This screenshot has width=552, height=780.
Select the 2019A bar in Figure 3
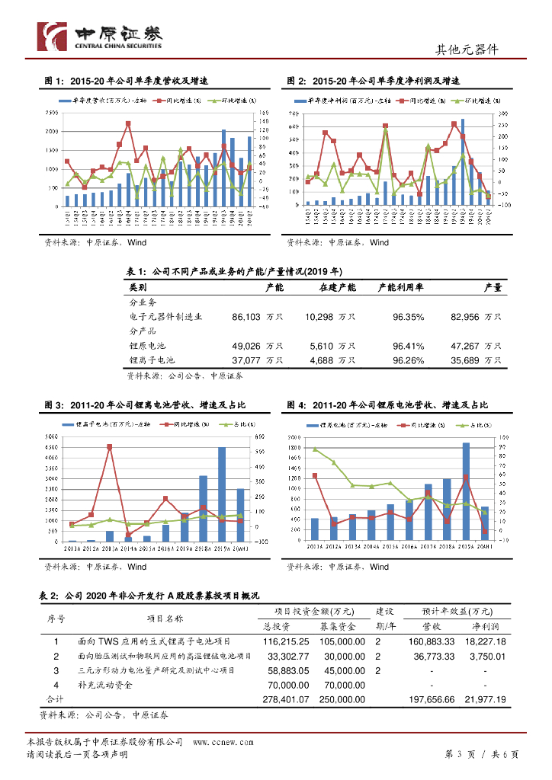(222, 494)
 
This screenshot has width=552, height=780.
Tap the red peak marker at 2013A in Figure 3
(110, 447)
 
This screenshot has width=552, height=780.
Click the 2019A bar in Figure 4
(466, 492)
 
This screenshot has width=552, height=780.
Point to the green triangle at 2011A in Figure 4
(315, 449)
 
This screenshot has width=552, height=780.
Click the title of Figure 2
(374, 81)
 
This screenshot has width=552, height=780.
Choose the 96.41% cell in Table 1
(408, 345)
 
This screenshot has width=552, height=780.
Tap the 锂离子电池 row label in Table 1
(152, 360)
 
